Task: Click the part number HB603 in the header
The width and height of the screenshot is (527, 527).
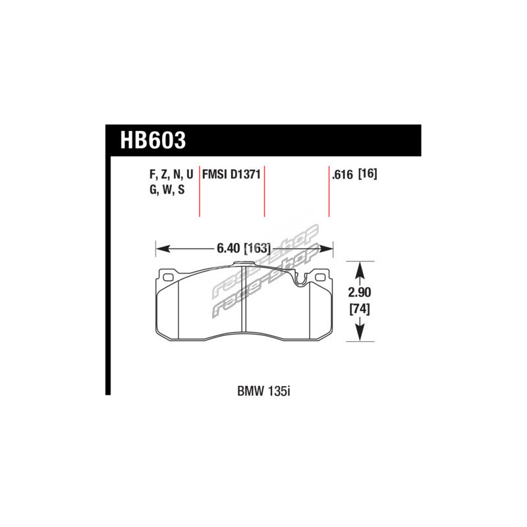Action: (x=153, y=140)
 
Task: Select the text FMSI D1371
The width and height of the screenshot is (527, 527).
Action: (x=231, y=175)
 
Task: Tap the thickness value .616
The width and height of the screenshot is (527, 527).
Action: (x=342, y=175)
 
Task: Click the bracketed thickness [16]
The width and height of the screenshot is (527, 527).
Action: (x=368, y=174)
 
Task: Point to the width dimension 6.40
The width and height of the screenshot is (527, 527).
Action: (x=228, y=248)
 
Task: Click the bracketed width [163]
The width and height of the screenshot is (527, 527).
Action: (x=257, y=249)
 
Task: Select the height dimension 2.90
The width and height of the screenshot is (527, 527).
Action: (x=360, y=292)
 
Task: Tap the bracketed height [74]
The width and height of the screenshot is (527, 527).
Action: (x=360, y=308)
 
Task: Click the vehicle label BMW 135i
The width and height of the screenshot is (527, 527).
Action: (x=263, y=391)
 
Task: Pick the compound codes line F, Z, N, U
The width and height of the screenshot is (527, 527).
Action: (x=171, y=175)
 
